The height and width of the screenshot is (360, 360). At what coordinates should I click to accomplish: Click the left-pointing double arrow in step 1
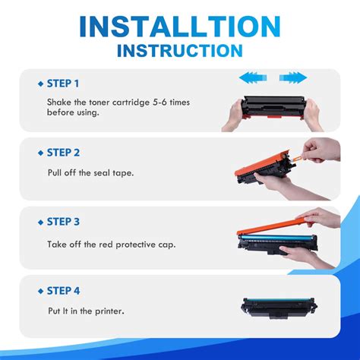click(253, 77)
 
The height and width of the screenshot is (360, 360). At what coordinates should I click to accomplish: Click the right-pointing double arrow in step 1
click(293, 77)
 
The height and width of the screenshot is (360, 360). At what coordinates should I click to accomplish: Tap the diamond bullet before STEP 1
click(40, 83)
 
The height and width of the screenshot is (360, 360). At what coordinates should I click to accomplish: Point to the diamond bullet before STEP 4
click(40, 290)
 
